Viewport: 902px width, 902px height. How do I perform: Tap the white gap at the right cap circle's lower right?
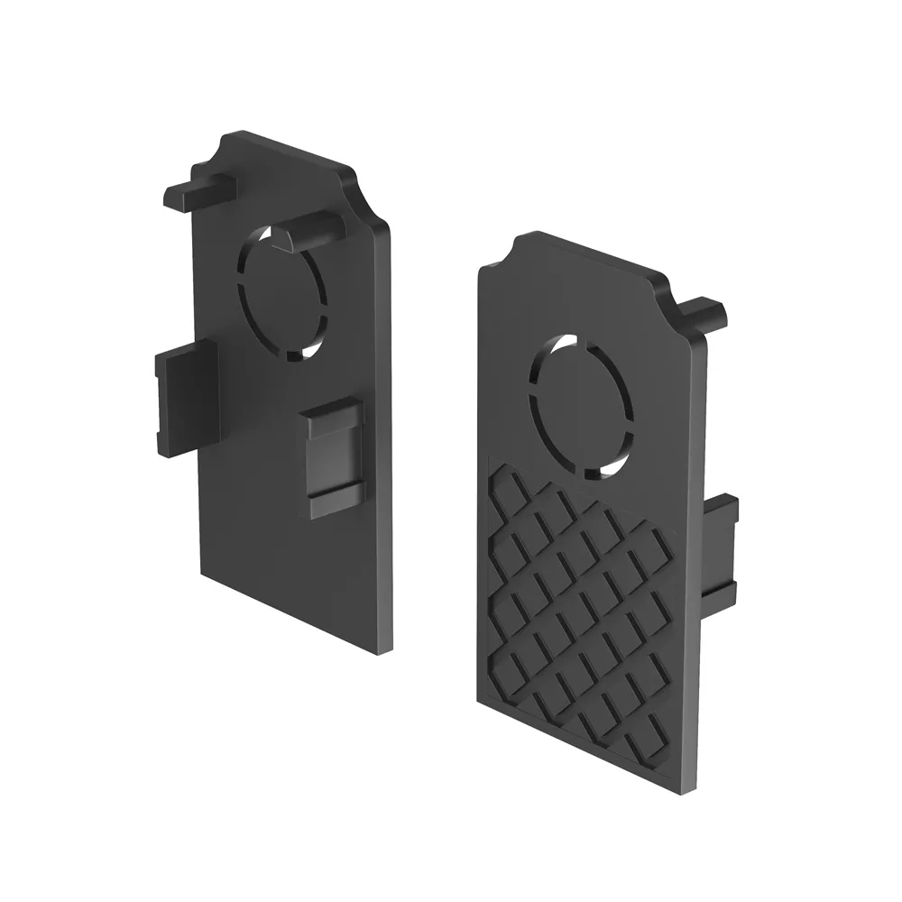[615, 464]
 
